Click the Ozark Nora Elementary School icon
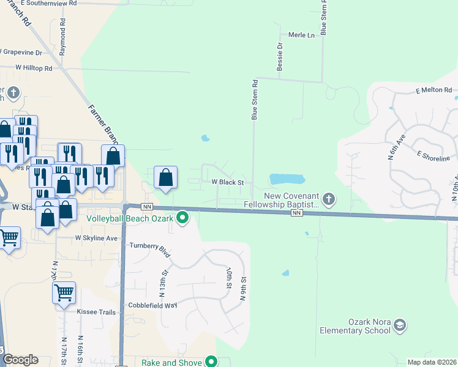[400, 324]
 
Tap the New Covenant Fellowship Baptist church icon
[329, 198]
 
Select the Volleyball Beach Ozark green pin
[182, 217]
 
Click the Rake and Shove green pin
[211, 361]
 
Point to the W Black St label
[228, 182]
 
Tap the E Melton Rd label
[433, 91]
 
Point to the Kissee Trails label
[96, 312]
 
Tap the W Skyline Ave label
[96, 238]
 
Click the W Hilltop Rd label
[34, 68]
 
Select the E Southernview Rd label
[48, 3]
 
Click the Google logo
[20, 360]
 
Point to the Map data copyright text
[432, 362]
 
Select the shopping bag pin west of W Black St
[165, 178]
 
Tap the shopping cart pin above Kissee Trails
[64, 294]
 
